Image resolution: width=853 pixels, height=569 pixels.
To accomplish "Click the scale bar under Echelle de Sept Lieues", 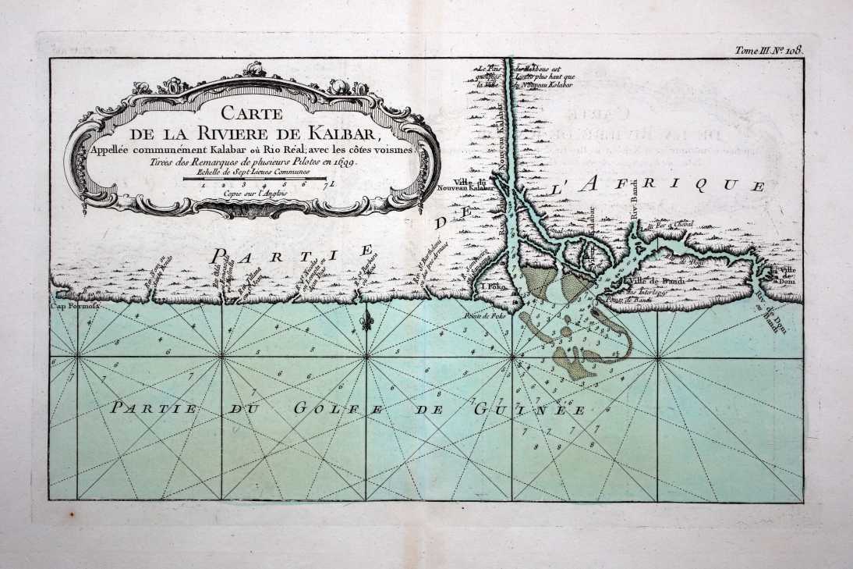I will (x=254, y=180).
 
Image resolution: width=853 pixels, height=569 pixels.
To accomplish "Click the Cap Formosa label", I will (x=69, y=307).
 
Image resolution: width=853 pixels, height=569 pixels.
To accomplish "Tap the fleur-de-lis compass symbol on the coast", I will (x=367, y=321).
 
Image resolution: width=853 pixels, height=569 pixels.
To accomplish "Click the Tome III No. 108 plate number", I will (x=769, y=50).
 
